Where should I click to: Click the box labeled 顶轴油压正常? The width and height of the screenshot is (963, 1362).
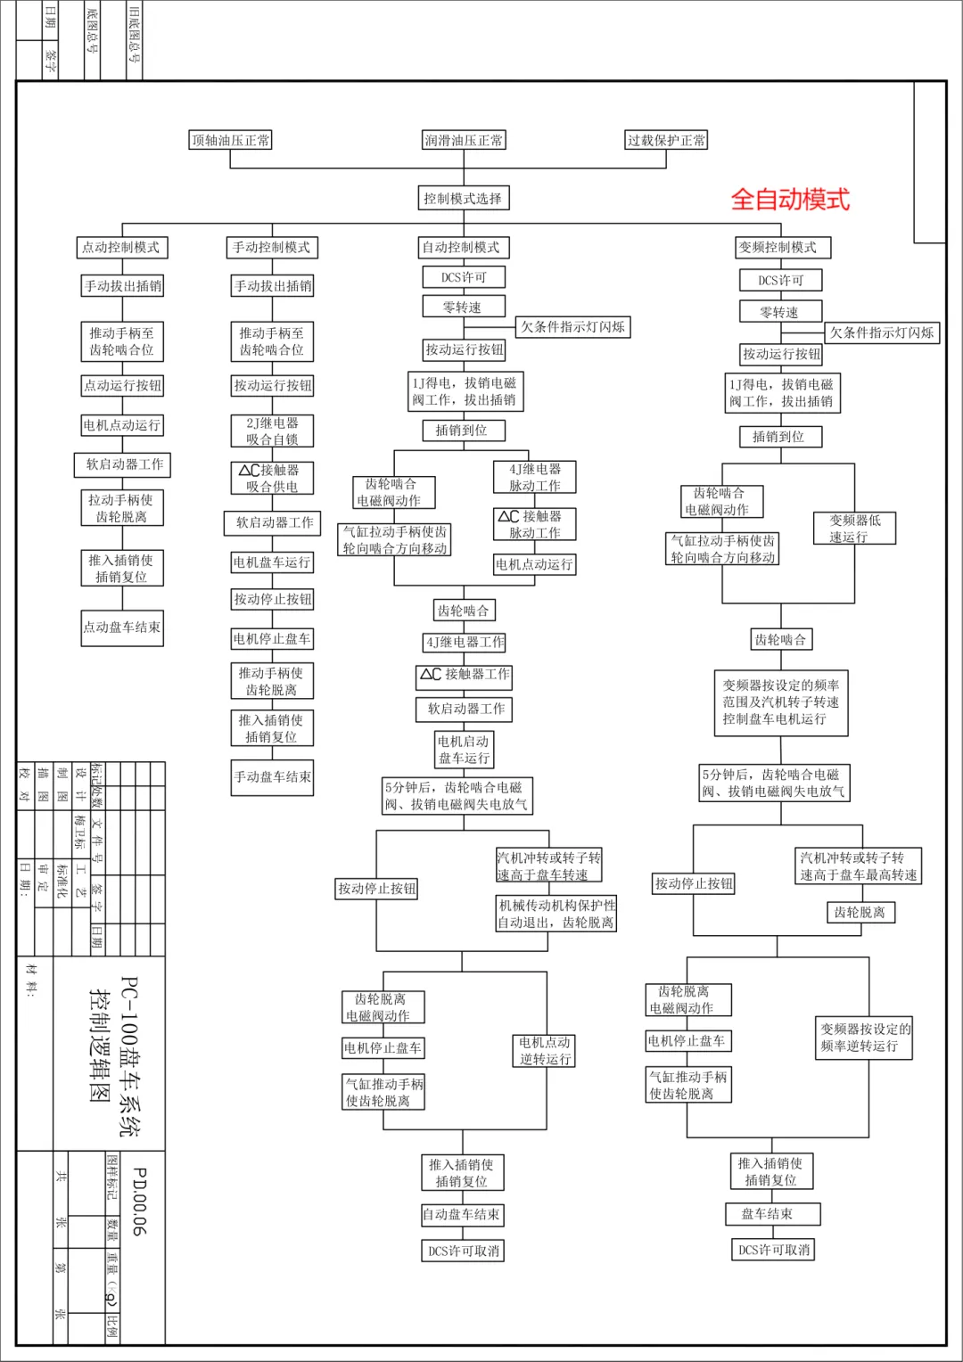pyautogui.click(x=231, y=140)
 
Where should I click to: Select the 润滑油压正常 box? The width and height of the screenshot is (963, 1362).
pyautogui.click(x=463, y=140)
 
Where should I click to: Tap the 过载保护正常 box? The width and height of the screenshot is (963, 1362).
pyautogui.click(x=666, y=140)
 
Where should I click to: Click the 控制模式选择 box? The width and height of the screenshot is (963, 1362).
pyautogui.click(x=463, y=198)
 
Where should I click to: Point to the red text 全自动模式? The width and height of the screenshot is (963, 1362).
pyautogui.click(x=790, y=199)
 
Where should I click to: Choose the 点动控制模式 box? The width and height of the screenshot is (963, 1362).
pyautogui.click(x=121, y=247)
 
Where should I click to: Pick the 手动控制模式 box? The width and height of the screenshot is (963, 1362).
pyautogui.click(x=272, y=247)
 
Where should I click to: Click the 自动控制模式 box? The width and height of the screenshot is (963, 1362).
pyautogui.click(x=461, y=247)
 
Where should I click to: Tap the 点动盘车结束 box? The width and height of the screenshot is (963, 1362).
pyautogui.click(x=122, y=627)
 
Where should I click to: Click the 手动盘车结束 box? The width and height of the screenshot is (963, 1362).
pyautogui.click(x=272, y=776)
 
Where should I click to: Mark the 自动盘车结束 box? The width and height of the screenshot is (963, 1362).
pyautogui.click(x=461, y=1214)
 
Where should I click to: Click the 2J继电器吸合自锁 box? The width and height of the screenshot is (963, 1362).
pyautogui.click(x=272, y=431)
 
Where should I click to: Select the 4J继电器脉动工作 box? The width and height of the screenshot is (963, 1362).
pyautogui.click(x=535, y=477)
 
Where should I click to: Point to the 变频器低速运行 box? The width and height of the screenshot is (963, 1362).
pyautogui.click(x=854, y=528)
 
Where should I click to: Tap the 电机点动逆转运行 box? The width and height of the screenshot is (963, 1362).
pyautogui.click(x=545, y=1050)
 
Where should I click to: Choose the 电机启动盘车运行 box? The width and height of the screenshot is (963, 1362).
pyautogui.click(x=464, y=749)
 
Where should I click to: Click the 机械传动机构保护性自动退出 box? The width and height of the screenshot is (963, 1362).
pyautogui.click(x=556, y=914)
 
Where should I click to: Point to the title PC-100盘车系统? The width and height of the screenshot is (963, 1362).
pyautogui.click(x=129, y=1056)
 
